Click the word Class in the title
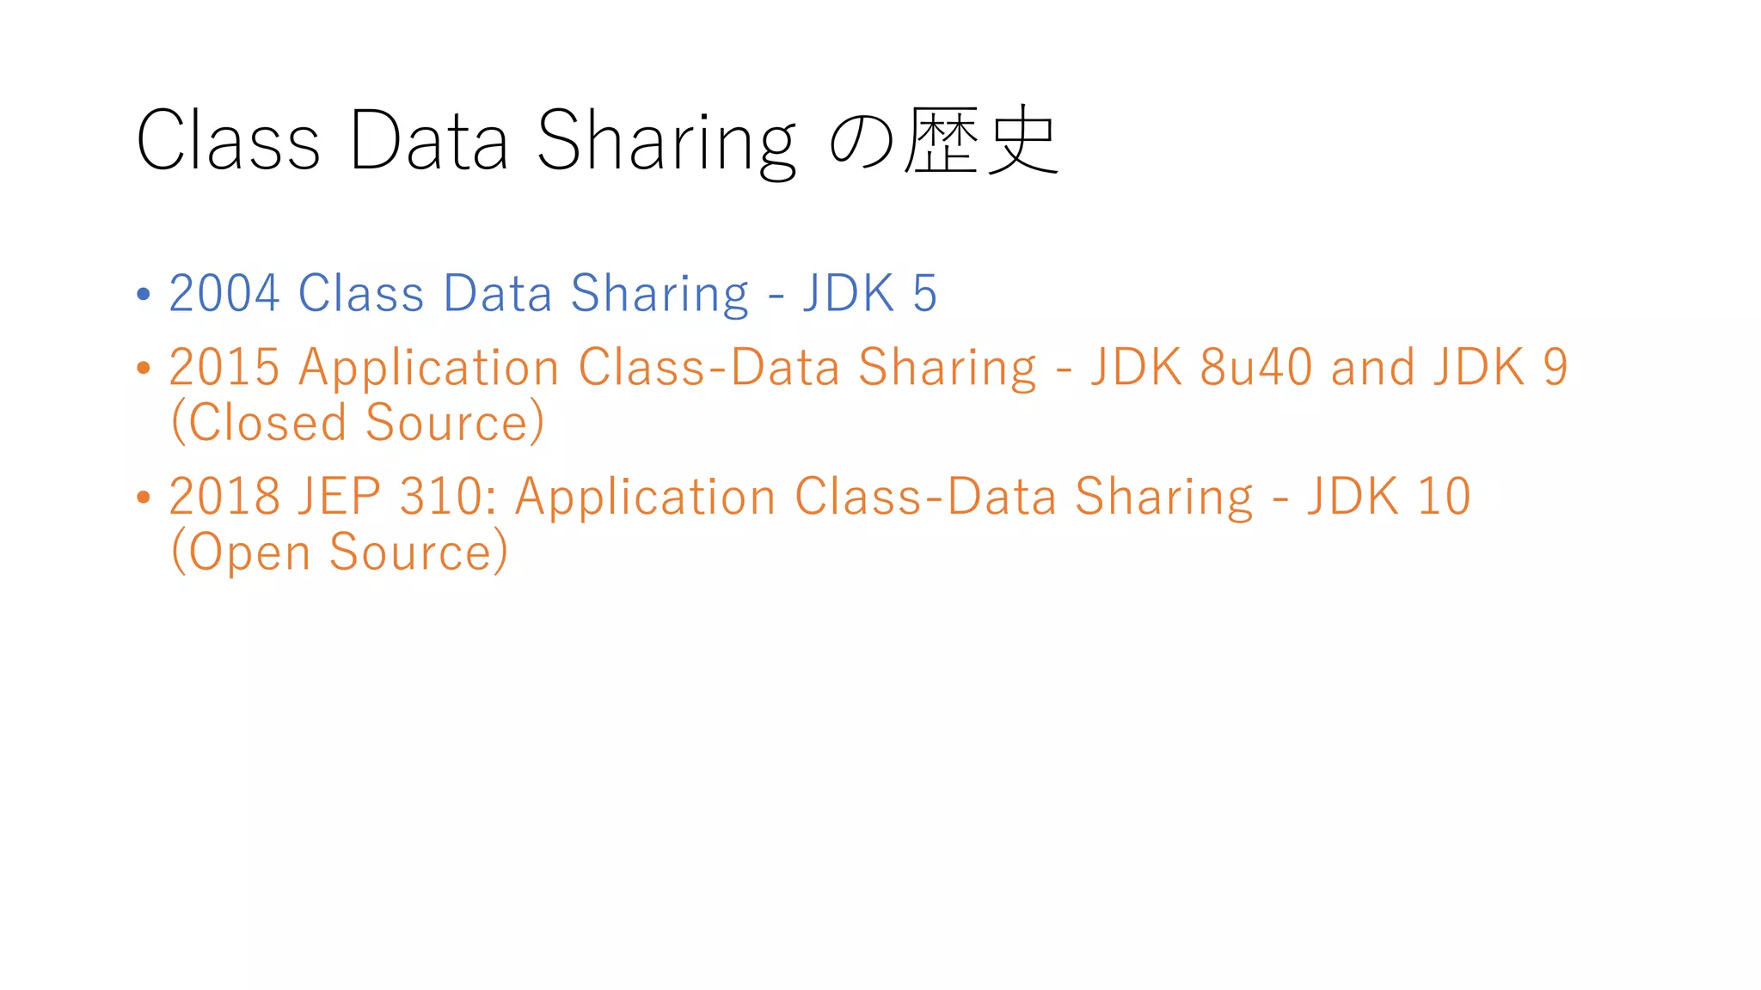click(x=228, y=140)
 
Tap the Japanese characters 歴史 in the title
click(x=981, y=140)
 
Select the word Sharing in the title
click(x=666, y=142)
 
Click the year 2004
click(x=224, y=293)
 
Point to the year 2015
click(x=224, y=367)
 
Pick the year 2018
click(x=224, y=497)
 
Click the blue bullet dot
click(x=144, y=294)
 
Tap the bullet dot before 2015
click(x=144, y=368)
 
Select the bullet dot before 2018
click(x=144, y=497)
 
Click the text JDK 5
click(x=869, y=293)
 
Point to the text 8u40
click(x=1255, y=367)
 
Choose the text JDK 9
click(x=1500, y=367)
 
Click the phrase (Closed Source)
click(x=358, y=422)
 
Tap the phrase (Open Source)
click(x=340, y=551)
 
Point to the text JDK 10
click(x=1389, y=497)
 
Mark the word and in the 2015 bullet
click(x=1372, y=367)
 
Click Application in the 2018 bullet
click(x=645, y=498)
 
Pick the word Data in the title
click(x=428, y=140)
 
